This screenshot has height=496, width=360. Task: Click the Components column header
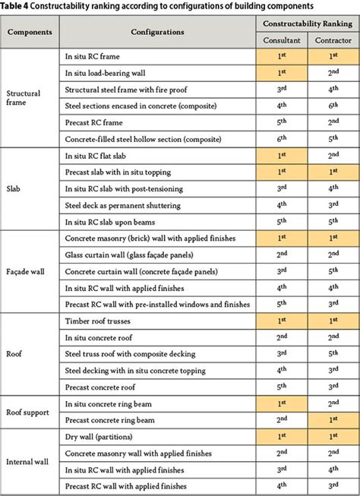pos(30,33)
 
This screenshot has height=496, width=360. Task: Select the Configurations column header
pos(156,33)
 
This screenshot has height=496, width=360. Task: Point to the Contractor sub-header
pos(331,39)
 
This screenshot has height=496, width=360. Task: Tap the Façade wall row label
pos(26,270)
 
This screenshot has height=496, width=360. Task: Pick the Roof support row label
pos(28,412)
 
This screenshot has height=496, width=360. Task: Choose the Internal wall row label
pos(29,460)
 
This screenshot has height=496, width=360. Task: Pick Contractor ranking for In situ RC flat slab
pos(331,156)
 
